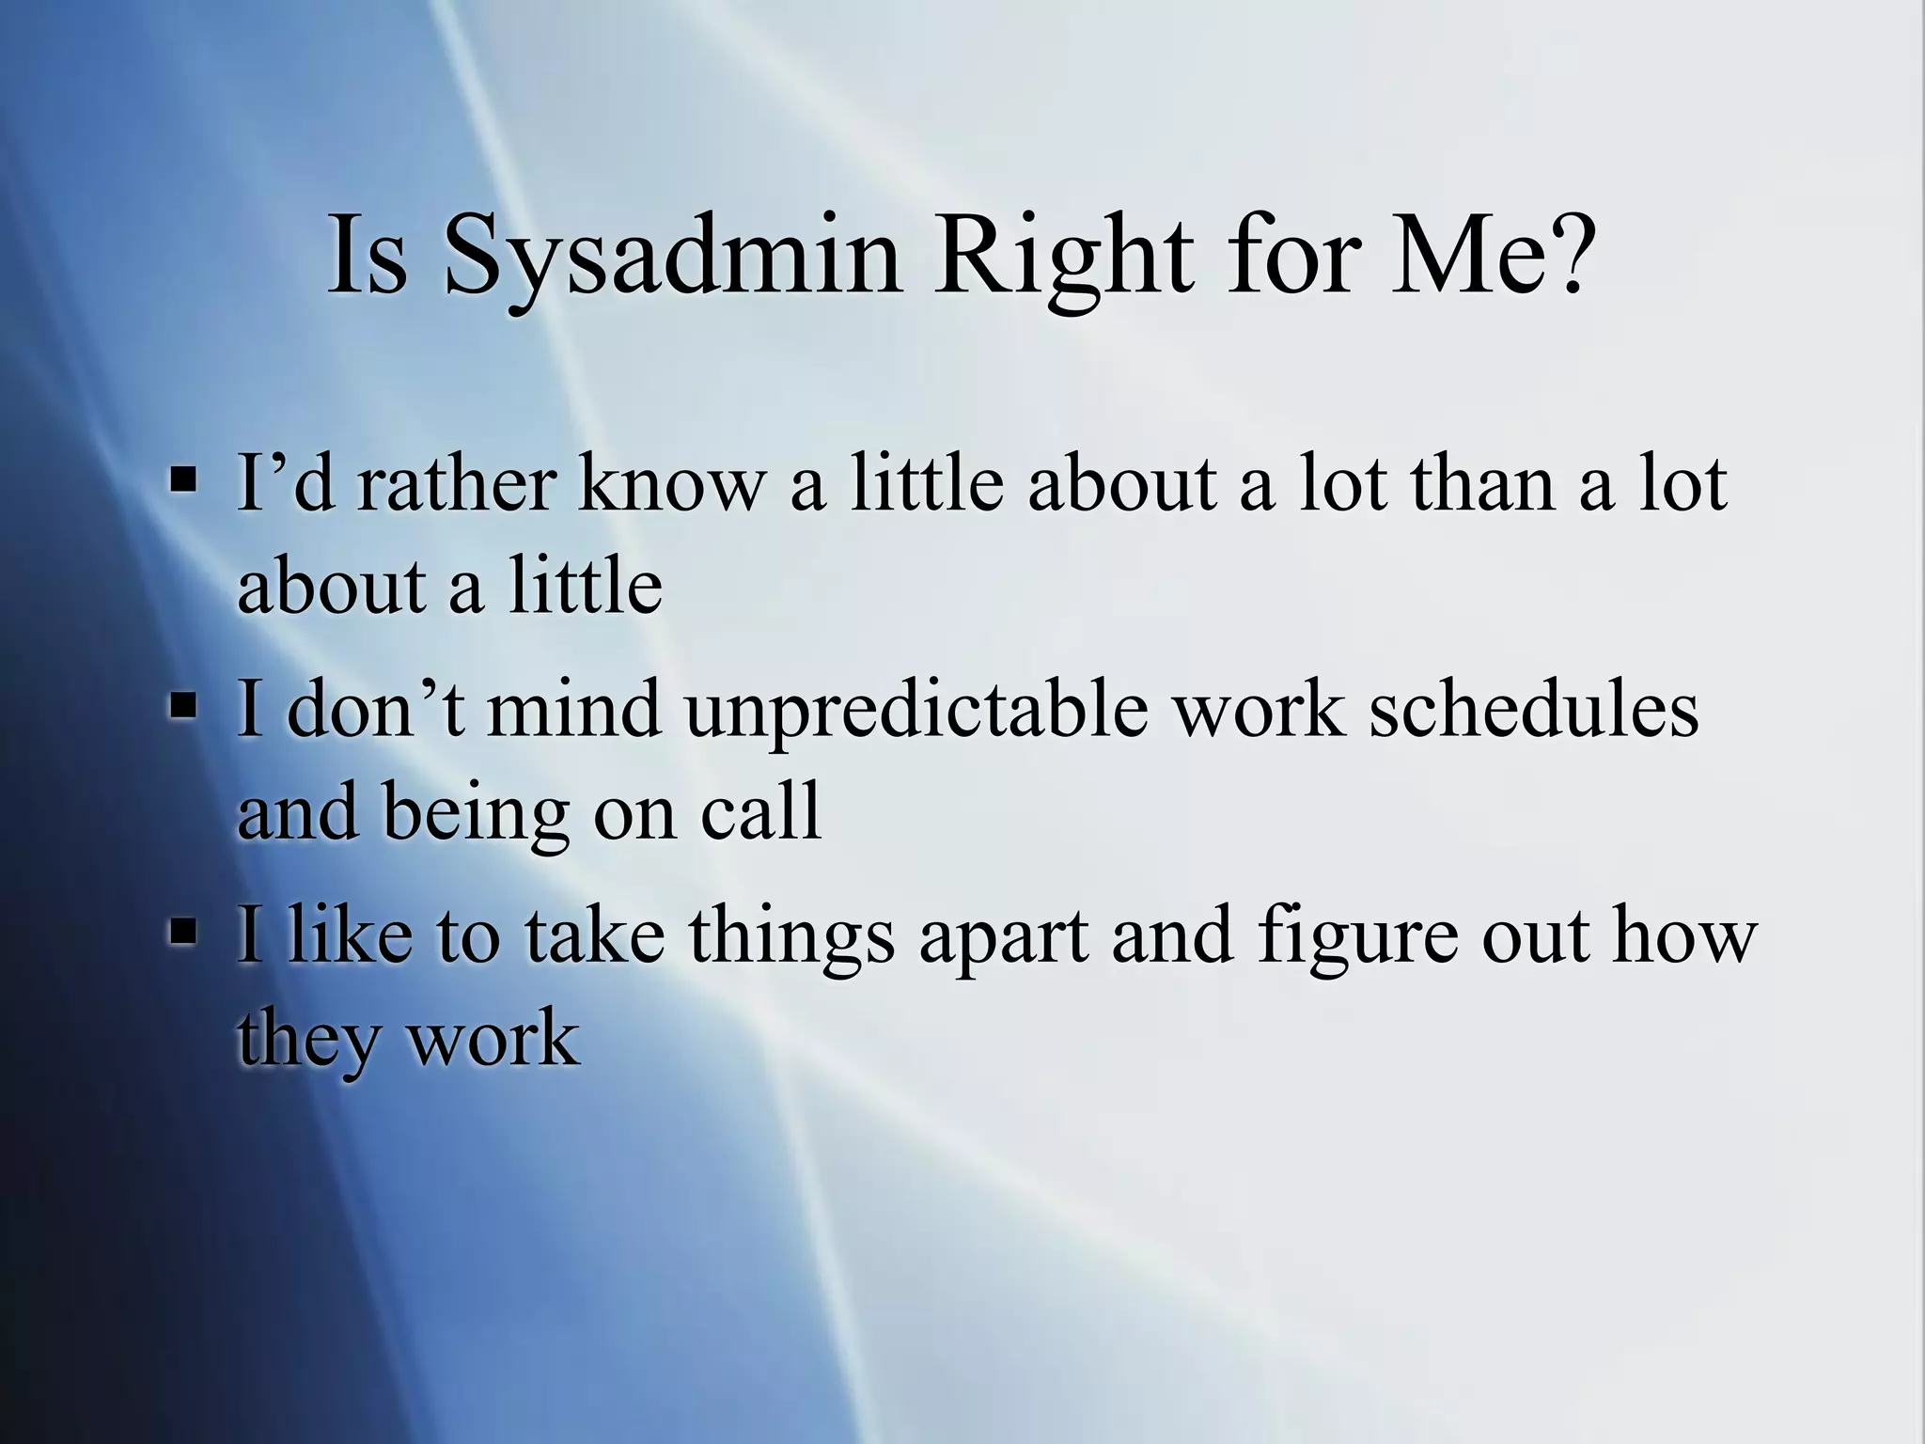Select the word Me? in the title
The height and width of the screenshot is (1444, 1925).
tap(1494, 254)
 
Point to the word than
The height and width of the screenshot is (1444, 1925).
tap(1482, 484)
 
